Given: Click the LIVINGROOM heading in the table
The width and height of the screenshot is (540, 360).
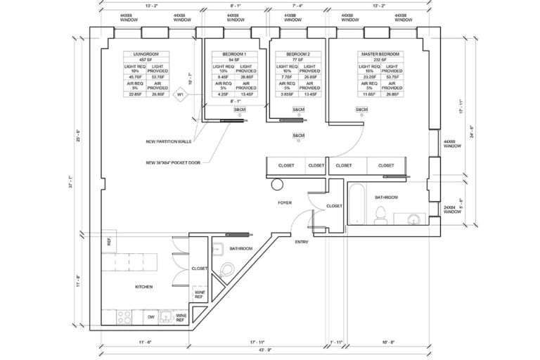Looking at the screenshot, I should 145,54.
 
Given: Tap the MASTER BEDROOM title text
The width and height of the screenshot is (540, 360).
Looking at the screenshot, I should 380,54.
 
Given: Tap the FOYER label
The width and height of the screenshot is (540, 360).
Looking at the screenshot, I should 285,202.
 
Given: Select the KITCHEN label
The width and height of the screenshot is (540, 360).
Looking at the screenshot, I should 145,286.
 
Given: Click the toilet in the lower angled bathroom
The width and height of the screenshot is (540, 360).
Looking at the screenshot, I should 228,269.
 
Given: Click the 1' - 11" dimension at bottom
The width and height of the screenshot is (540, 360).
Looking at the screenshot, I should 335,341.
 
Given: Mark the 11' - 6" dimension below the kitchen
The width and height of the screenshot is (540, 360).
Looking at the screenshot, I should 146,341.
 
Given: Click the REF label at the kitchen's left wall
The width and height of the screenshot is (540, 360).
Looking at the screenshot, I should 109,241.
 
